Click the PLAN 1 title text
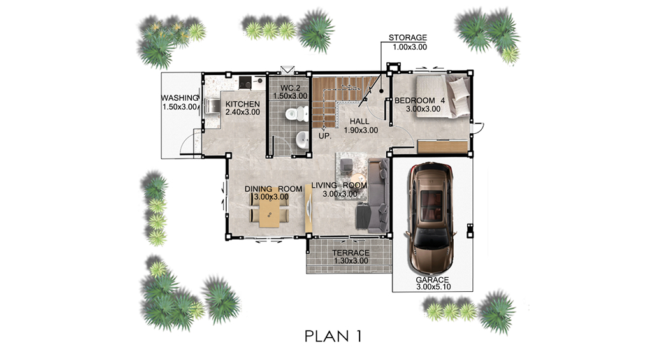pyautogui.click(x=333, y=336)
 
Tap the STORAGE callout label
pyautogui.click(x=408, y=38)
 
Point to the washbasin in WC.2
pyautogui.click(x=302, y=140)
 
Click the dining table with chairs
pyautogui.click(x=269, y=212)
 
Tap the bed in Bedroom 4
pyautogui.click(x=442, y=96)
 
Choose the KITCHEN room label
pyautogui.click(x=243, y=104)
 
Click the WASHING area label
pyautogui.click(x=179, y=98)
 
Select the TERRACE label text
pyautogui.click(x=351, y=252)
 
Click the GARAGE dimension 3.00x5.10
pyautogui.click(x=433, y=287)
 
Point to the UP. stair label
pyautogui.click(x=325, y=136)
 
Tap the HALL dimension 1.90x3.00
pyautogui.click(x=361, y=131)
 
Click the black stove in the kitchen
pyautogui.click(x=245, y=82)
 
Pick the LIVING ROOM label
pyautogui.click(x=339, y=185)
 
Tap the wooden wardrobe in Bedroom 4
pyautogui.click(x=442, y=147)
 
